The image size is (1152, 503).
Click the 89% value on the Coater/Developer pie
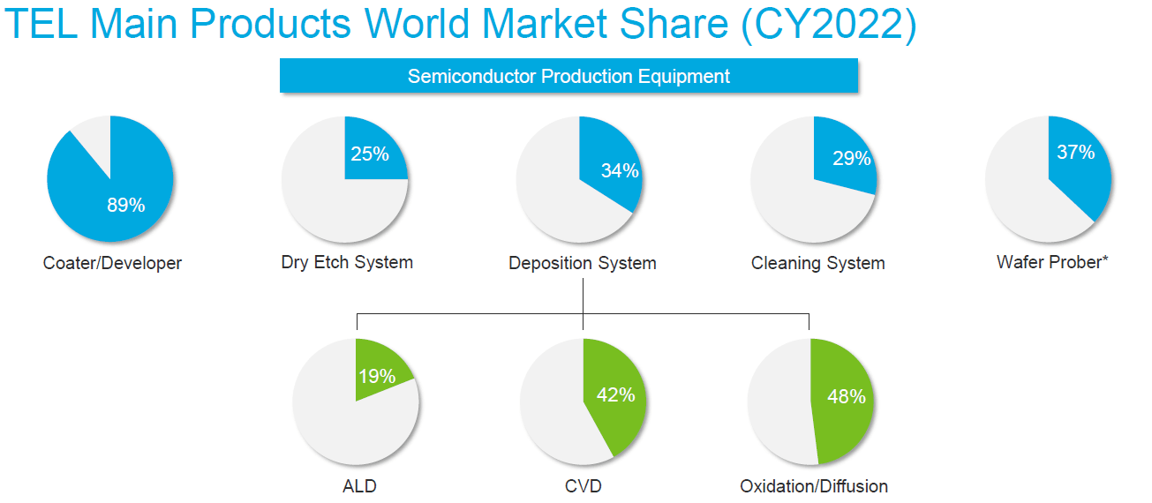[x=126, y=206]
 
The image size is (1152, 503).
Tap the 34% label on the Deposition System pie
[x=620, y=170]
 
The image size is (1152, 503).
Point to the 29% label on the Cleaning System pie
[x=852, y=159]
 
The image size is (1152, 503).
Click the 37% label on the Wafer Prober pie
[x=1076, y=153]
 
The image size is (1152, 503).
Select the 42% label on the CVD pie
[x=615, y=395]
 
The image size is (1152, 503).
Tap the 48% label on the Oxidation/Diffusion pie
[x=847, y=396]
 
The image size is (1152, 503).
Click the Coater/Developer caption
[x=112, y=263]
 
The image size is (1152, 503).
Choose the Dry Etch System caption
[x=347, y=262]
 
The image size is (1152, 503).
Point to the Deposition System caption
[x=582, y=263]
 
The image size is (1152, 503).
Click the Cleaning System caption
[x=817, y=263]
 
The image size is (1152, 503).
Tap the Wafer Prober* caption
[x=1052, y=262]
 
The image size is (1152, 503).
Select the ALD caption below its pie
[x=359, y=486]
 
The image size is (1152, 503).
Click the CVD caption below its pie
[x=584, y=486]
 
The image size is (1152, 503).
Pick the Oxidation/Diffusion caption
[x=814, y=486]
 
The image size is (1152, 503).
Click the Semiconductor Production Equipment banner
[x=568, y=76]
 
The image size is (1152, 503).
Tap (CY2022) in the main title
[x=829, y=24]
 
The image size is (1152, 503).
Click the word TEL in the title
[x=41, y=23]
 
